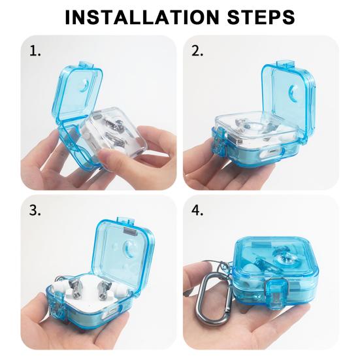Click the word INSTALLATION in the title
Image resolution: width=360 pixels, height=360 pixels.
(142, 17)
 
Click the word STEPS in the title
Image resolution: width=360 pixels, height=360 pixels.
(261, 17)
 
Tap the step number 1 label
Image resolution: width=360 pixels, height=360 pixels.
(35, 51)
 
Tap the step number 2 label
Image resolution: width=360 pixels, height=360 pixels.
(197, 51)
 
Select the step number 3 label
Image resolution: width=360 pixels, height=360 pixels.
(35, 210)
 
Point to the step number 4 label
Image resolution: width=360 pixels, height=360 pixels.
(197, 210)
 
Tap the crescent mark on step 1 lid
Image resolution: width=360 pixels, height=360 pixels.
(84, 85)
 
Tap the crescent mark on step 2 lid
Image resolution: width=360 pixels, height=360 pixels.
(293, 92)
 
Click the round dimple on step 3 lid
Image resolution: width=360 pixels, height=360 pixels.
(130, 249)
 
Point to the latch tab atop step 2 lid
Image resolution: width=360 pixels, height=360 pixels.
(285, 64)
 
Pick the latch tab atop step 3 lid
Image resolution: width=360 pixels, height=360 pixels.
(125, 221)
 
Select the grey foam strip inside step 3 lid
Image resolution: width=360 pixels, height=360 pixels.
(131, 231)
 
